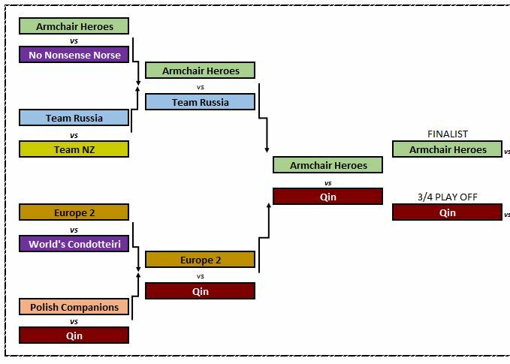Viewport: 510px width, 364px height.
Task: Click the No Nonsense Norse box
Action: (74, 55)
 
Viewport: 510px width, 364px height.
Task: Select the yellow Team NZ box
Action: (74, 149)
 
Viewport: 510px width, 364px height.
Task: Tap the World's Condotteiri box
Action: (74, 244)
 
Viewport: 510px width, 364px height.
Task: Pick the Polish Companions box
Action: (74, 307)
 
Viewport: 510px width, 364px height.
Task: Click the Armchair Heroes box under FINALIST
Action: (447, 149)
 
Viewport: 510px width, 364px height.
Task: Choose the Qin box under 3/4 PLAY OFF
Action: (447, 212)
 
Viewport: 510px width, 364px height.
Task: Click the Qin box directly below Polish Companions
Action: (74, 335)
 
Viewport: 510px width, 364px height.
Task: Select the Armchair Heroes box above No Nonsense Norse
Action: (74, 26)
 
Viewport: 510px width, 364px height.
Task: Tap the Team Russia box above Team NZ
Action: (74, 118)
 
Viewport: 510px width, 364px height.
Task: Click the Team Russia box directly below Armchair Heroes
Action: (200, 102)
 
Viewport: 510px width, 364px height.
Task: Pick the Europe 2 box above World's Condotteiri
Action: (74, 212)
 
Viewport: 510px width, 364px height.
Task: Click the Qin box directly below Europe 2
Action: (200, 291)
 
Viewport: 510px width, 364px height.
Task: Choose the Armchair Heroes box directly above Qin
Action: (327, 165)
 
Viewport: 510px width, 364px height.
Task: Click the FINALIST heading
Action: (448, 134)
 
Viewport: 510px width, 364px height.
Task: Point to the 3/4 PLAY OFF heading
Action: (448, 197)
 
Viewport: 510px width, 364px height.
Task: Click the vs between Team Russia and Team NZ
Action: (74, 136)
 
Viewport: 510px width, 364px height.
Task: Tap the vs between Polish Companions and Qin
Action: (74, 321)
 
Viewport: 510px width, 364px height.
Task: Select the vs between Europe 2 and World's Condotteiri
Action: (74, 230)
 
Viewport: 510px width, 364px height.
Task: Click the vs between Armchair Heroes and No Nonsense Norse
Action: (74, 41)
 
